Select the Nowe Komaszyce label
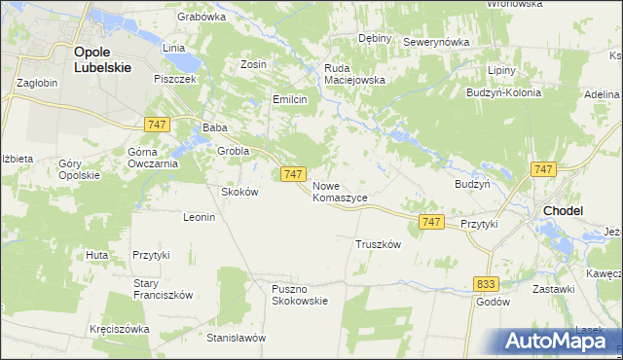click(x=340, y=191)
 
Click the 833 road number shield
click(x=488, y=283)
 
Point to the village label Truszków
click(x=379, y=244)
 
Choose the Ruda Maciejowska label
click(x=355, y=74)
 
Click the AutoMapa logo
click(x=555, y=341)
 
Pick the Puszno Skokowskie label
click(x=300, y=294)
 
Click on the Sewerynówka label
click(x=436, y=42)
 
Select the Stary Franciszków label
click(x=164, y=289)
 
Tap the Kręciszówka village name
click(x=119, y=329)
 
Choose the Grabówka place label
click(x=202, y=17)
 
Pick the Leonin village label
click(x=199, y=217)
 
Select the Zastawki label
click(x=553, y=289)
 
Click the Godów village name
click(x=494, y=302)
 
